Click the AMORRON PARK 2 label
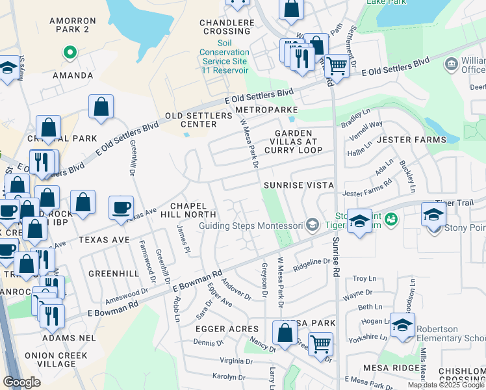point(73,25)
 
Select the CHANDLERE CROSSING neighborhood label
point(227,27)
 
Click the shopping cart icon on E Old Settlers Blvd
point(337,65)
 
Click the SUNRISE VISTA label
point(298,185)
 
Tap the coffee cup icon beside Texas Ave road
point(121,207)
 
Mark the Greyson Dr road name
point(264,280)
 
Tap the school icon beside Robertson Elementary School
point(402,324)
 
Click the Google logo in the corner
point(21,382)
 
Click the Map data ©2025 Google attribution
point(446,385)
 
